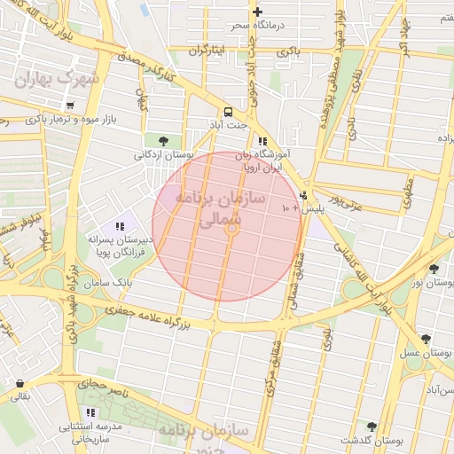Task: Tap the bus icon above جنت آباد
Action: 229,112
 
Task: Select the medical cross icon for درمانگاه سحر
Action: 257,12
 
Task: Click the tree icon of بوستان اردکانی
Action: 162,140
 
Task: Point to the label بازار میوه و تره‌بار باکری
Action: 85,118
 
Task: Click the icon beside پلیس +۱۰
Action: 305,196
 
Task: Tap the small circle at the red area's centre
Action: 232,231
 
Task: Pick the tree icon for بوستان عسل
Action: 426,339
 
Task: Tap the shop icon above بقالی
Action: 20,382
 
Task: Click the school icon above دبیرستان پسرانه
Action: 120,226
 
